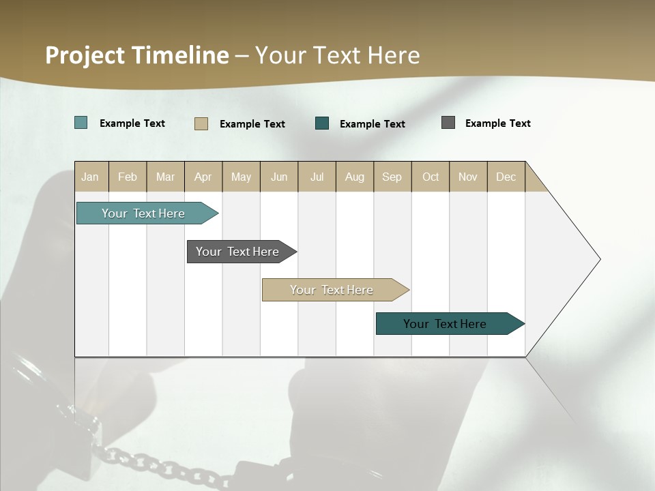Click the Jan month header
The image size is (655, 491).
[x=91, y=177]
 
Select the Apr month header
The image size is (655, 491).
[x=203, y=177]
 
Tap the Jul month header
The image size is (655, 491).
[x=317, y=177]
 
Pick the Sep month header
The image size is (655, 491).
[x=392, y=177]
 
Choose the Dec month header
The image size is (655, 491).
[x=506, y=177]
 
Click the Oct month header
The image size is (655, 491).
[x=431, y=177]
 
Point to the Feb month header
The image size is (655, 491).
[x=128, y=177]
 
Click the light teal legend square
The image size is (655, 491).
[x=81, y=123]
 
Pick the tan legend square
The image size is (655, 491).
[x=201, y=123]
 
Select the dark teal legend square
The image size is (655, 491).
[x=322, y=123]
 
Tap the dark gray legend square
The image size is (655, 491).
[x=448, y=123]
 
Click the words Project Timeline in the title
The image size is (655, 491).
[x=137, y=55]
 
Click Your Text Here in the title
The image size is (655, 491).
[x=337, y=55]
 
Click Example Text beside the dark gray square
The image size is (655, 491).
[x=497, y=123]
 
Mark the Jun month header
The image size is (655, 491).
[x=279, y=177]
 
